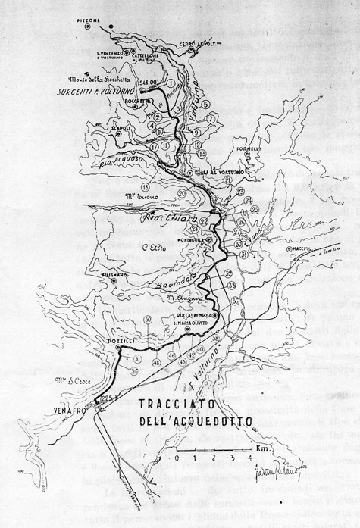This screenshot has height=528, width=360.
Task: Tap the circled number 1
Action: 172,83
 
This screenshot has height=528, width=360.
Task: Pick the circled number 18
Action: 145,186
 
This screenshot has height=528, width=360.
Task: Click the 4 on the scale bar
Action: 227,458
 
